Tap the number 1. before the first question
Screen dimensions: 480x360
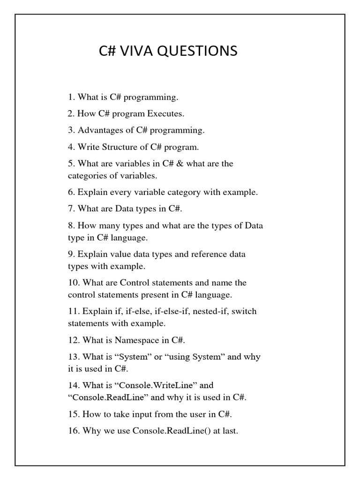click(x=72, y=97)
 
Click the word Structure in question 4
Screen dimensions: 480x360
click(x=116, y=147)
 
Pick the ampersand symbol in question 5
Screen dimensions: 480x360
click(x=180, y=164)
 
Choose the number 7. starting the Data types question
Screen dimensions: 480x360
click(x=72, y=209)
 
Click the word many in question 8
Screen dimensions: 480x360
click(x=107, y=225)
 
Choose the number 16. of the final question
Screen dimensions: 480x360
click(x=74, y=431)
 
